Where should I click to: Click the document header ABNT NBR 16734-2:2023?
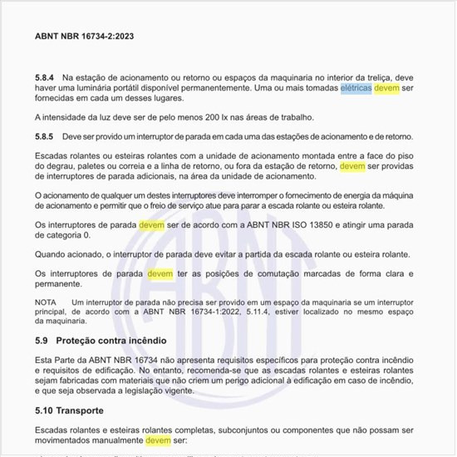tap(85, 37)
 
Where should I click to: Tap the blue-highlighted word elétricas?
tap(356, 88)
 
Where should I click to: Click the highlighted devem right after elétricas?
tap(387, 88)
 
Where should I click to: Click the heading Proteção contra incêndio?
tap(111, 341)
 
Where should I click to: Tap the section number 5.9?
tap(42, 341)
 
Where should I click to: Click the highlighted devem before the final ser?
tap(159, 440)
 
